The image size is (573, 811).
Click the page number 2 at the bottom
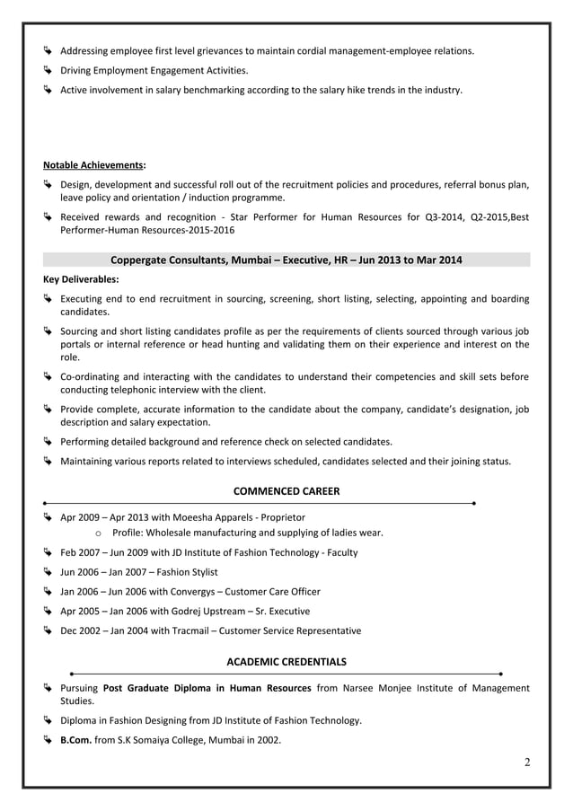[527, 763]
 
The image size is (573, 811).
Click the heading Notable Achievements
[93, 165]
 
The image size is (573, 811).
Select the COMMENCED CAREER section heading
[286, 490]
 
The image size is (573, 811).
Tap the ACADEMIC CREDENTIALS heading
[286, 662]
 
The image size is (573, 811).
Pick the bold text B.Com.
[75, 740]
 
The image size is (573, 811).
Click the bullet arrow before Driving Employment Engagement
[49, 70]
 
